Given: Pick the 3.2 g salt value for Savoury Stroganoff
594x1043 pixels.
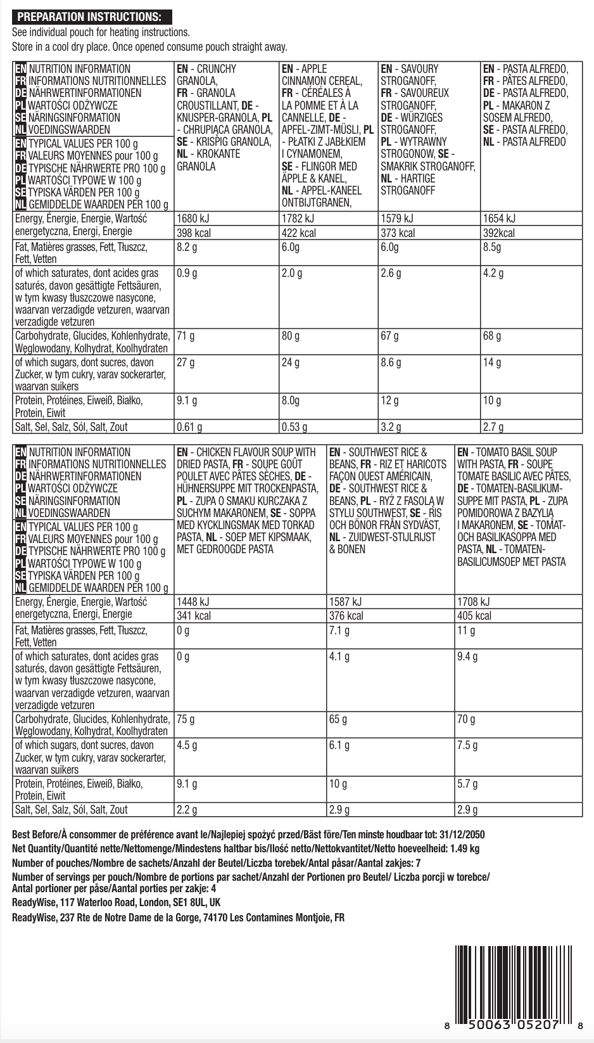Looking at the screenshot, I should (390, 426).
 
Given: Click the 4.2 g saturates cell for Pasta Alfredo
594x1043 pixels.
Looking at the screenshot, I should (493, 273).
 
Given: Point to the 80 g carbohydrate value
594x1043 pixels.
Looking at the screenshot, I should (291, 335).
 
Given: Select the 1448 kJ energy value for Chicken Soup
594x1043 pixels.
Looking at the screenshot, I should (193, 602).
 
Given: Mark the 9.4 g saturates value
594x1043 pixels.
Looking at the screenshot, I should (467, 656).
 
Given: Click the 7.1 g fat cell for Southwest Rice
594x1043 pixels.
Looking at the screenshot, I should (339, 630).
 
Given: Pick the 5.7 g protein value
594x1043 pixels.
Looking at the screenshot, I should (467, 784).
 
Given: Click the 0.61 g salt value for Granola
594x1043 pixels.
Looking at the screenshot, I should (189, 426).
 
